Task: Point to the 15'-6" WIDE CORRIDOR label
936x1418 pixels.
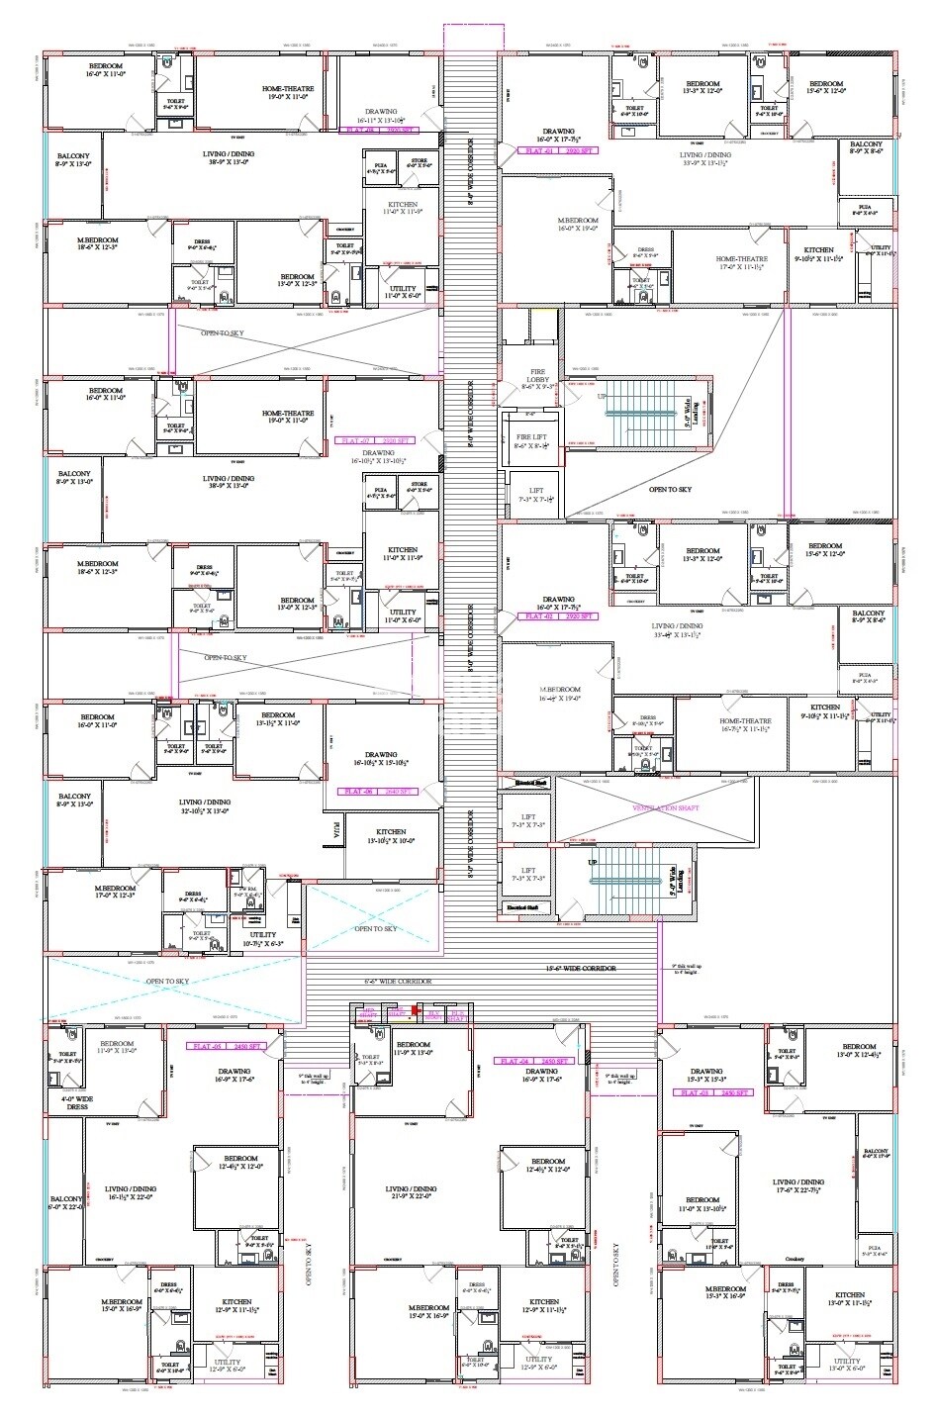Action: tap(581, 968)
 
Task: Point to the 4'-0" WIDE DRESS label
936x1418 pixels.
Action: tap(75, 1102)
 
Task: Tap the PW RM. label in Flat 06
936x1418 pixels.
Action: tap(249, 890)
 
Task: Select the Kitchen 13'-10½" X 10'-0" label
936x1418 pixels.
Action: tap(390, 836)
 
